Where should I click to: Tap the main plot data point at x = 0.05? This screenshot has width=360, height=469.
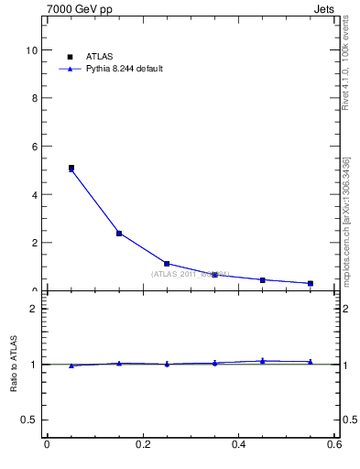(x=71, y=169)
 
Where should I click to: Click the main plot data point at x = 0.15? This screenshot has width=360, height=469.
(x=119, y=234)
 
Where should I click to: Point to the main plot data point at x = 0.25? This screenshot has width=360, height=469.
(x=167, y=264)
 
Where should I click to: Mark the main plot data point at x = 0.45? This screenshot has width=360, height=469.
(x=263, y=280)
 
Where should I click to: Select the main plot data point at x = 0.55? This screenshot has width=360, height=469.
(x=311, y=284)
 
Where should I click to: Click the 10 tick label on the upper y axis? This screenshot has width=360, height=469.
(x=33, y=50)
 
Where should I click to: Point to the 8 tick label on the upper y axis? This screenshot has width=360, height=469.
(x=35, y=99)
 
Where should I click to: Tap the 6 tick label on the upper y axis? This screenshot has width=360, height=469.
(x=35, y=147)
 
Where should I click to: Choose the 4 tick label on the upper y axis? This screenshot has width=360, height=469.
(x=35, y=195)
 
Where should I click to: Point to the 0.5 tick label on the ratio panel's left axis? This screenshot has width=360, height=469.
(x=30, y=420)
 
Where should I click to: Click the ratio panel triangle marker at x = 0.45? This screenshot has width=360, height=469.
(x=263, y=361)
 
